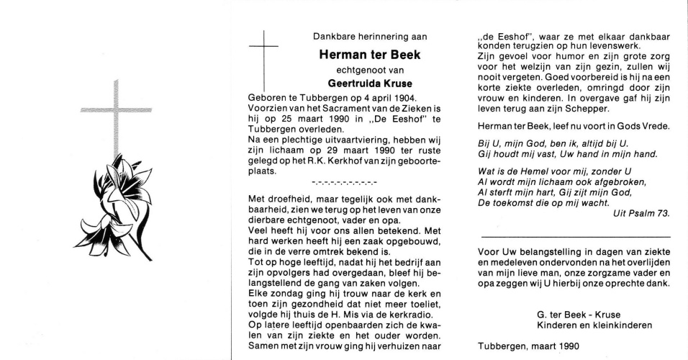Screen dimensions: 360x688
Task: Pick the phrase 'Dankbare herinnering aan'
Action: tap(370, 36)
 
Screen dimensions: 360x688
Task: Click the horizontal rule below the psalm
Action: tap(575, 236)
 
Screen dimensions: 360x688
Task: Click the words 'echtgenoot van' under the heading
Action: tap(370, 69)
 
